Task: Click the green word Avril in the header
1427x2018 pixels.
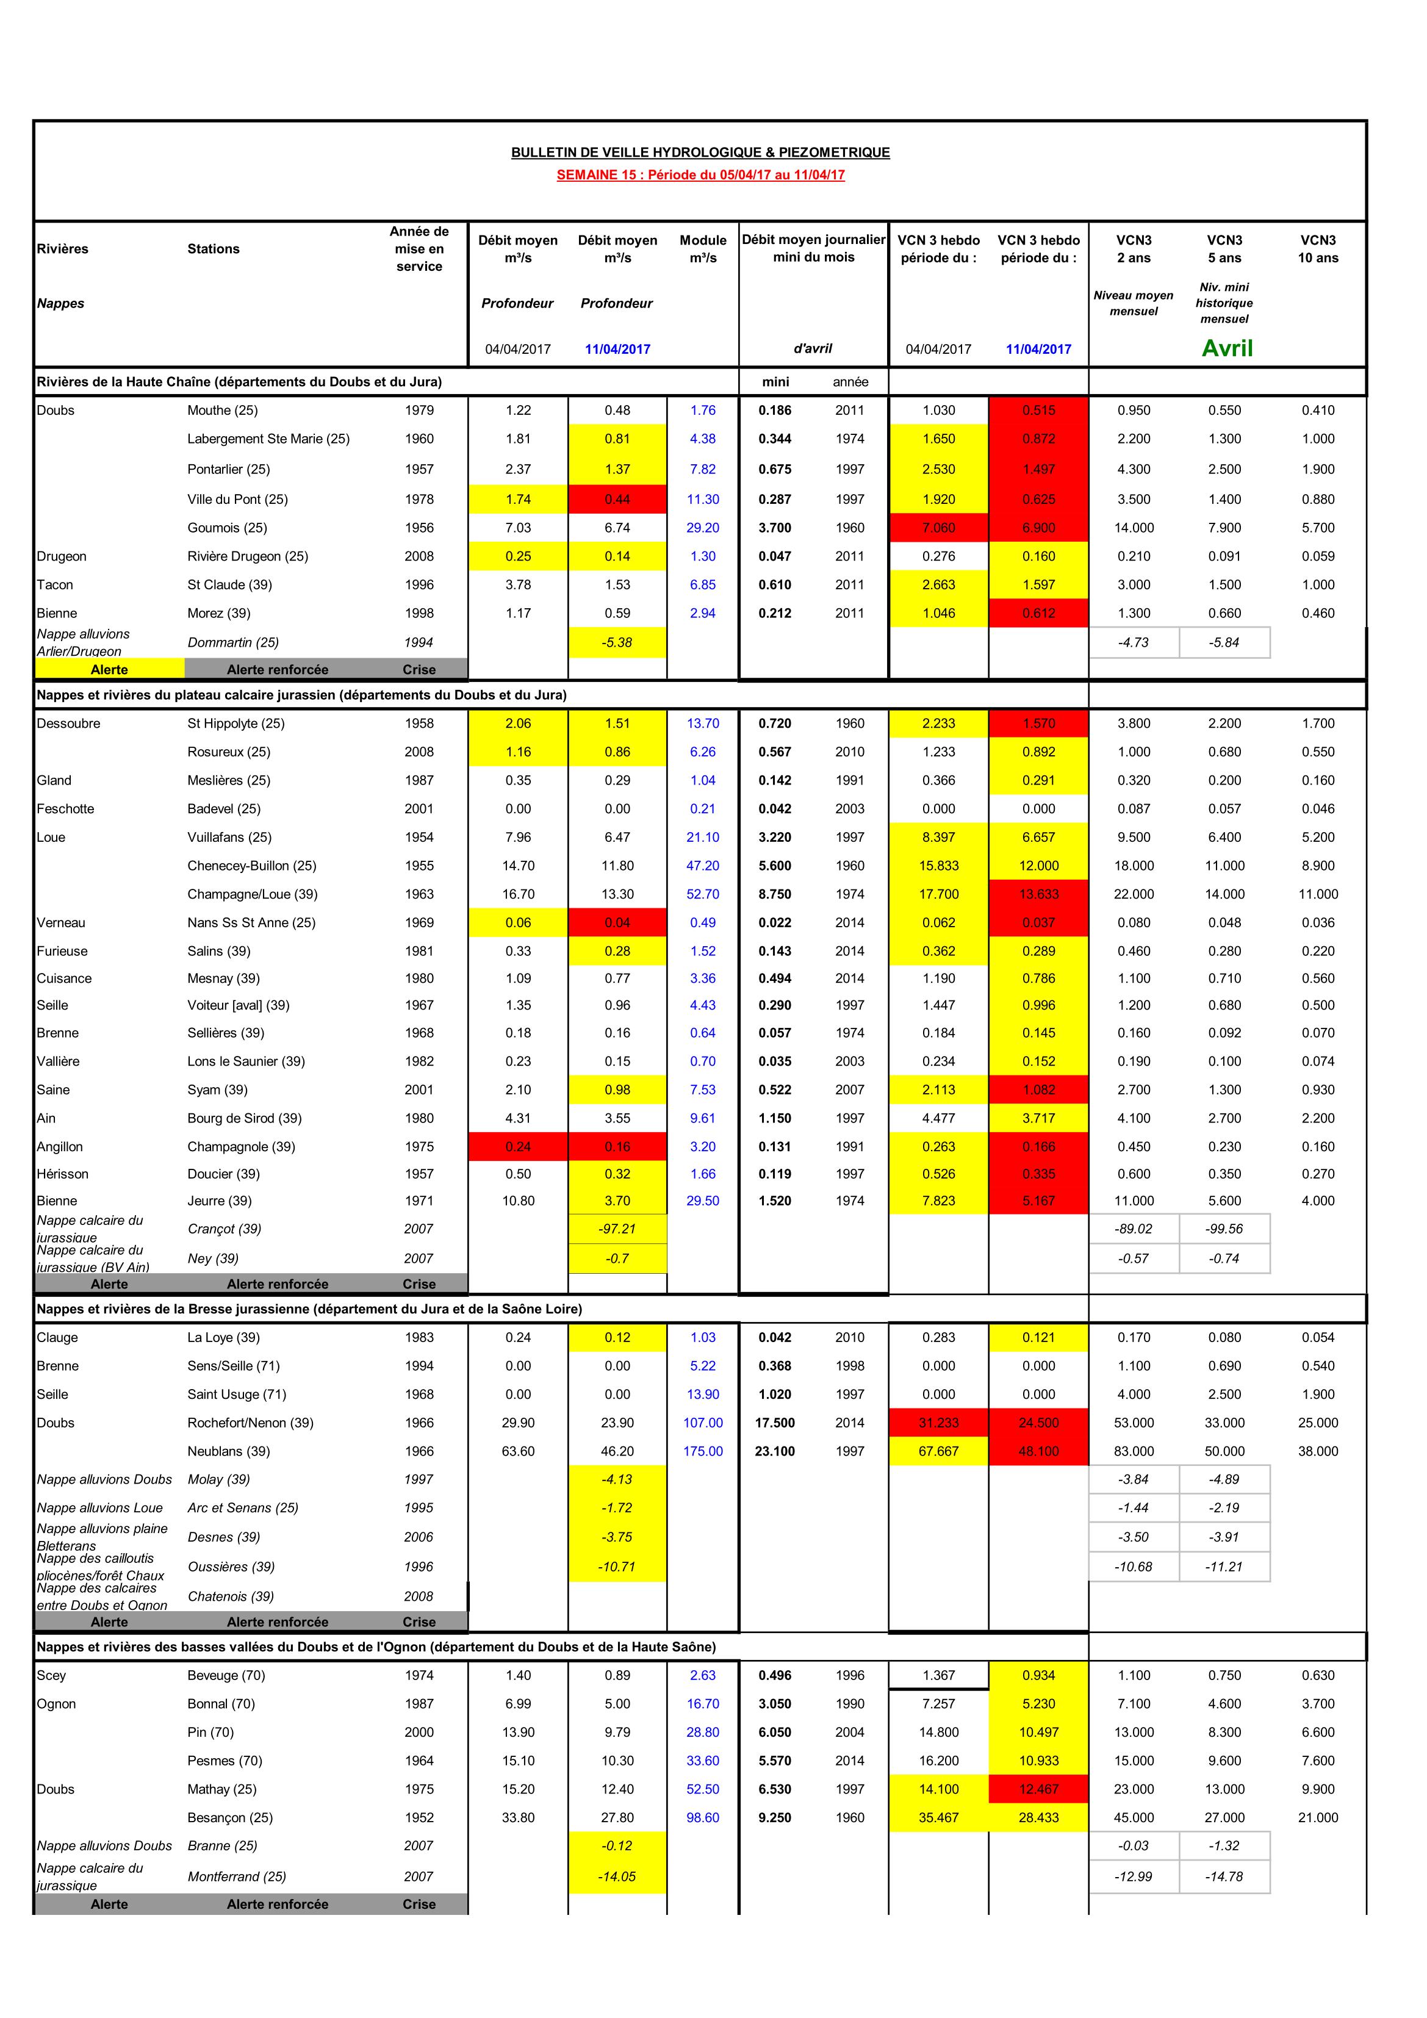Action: coord(1226,348)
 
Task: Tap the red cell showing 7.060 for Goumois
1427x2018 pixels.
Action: coord(938,528)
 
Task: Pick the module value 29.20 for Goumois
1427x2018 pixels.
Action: coord(702,528)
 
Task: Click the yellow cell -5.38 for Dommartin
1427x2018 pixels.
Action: coord(617,642)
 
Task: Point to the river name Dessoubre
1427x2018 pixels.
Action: coord(68,724)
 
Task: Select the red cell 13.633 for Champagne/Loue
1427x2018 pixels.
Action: coord(1038,894)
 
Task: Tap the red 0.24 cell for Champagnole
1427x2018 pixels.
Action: coord(518,1146)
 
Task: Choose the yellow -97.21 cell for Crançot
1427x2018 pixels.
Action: coord(617,1229)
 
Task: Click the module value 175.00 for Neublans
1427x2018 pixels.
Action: coord(702,1451)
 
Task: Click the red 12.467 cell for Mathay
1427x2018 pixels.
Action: coord(1038,1789)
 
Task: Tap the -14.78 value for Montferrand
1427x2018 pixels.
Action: coord(1224,1876)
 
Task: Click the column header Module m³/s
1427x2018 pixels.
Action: coord(702,249)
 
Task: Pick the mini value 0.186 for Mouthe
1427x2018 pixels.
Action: coord(775,411)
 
